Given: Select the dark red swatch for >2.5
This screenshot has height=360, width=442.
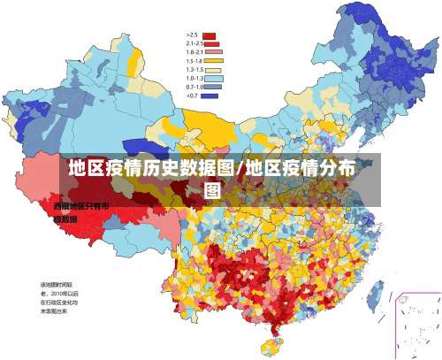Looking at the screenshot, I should pos(210,35).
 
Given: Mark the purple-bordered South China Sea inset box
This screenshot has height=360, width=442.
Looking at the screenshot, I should pos(417,324).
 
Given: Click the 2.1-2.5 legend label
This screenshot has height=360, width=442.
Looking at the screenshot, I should pos(194,43).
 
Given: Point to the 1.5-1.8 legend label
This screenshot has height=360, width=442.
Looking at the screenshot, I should pos(194,61).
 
